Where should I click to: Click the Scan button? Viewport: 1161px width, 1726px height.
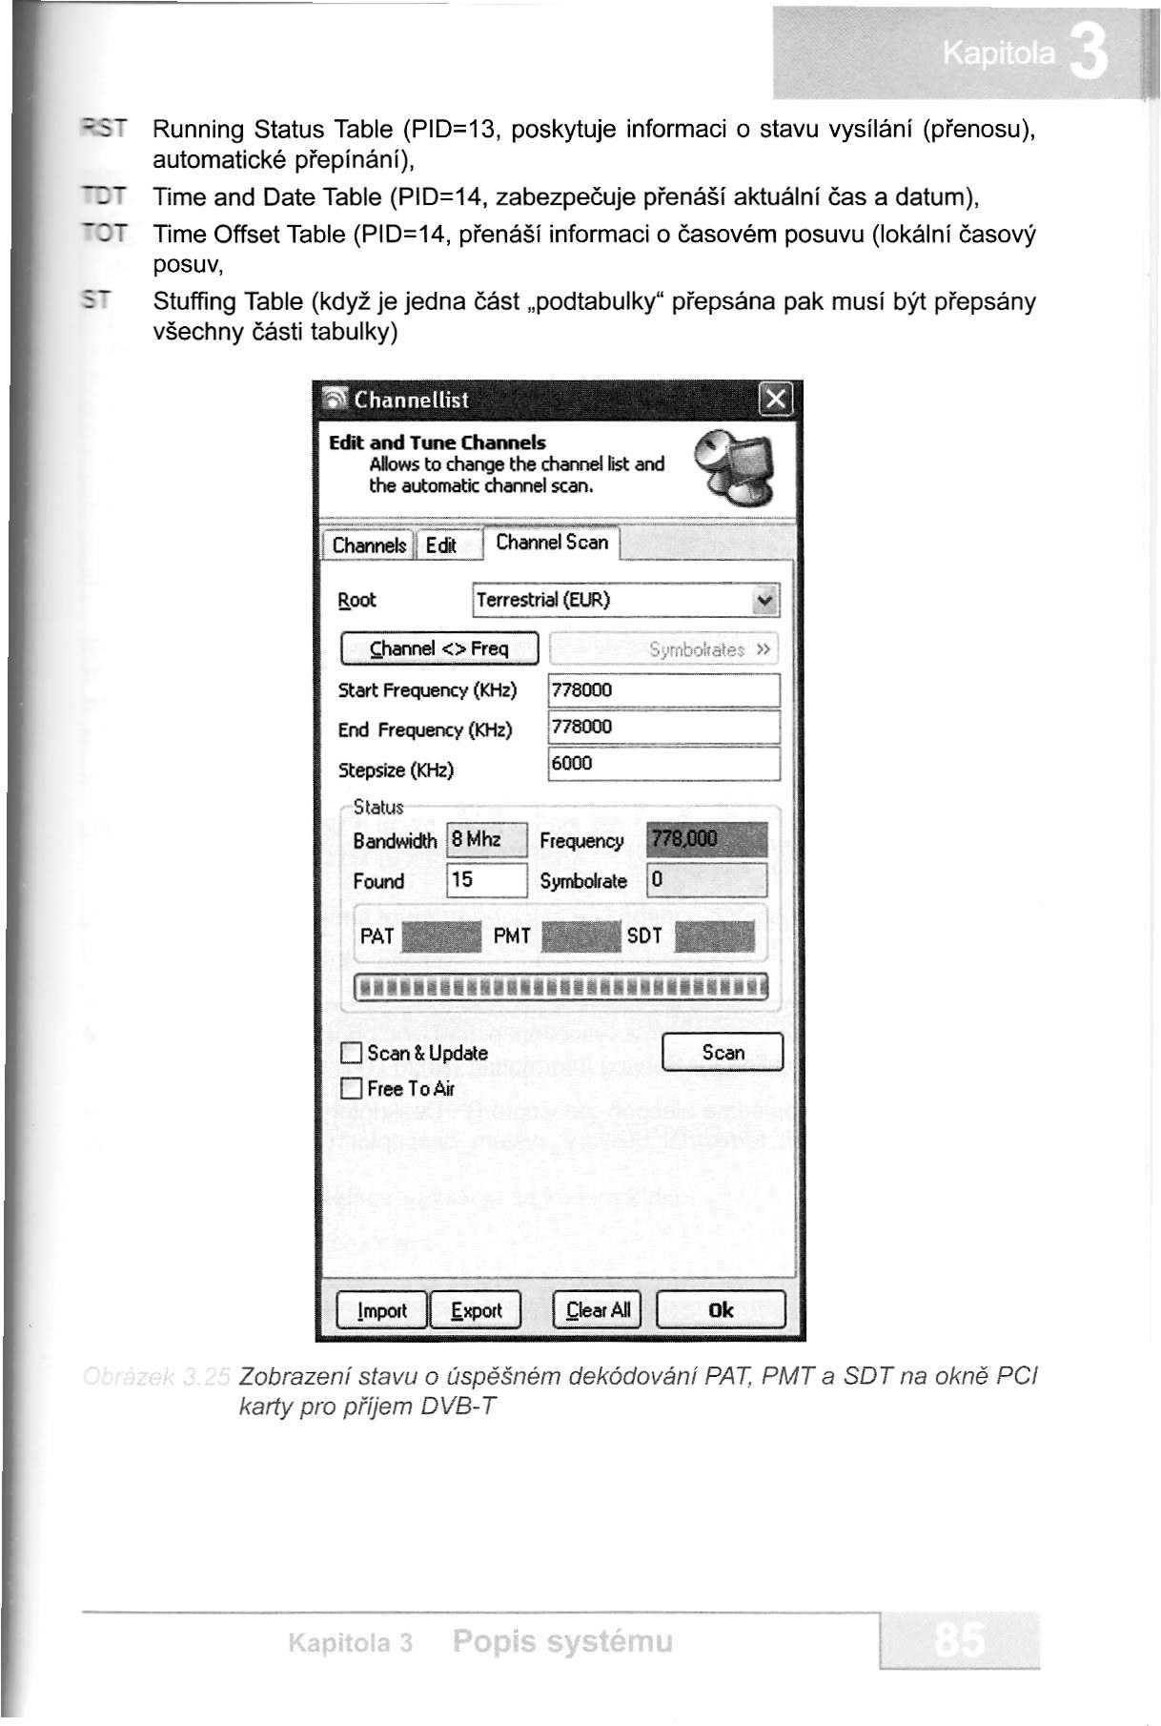pos(722,1053)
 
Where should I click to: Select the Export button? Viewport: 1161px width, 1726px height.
pos(476,1310)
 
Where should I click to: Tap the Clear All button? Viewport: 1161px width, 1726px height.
pos(598,1310)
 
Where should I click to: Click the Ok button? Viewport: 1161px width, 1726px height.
pos(721,1310)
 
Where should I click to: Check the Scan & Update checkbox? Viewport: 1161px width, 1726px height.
pos(352,1054)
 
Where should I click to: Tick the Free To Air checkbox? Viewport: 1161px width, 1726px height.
pos(352,1089)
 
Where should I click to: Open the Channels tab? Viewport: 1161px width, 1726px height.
pos(368,545)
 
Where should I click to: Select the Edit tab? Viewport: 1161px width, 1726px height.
pos(440,545)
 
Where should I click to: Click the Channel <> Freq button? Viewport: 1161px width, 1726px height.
pos(439,649)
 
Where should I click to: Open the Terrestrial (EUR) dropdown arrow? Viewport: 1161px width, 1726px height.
pos(764,601)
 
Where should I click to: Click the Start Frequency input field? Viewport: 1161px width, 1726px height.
pos(663,690)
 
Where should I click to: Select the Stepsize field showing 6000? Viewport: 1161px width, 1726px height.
pos(663,764)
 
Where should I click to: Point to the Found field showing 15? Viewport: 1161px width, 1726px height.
pos(486,880)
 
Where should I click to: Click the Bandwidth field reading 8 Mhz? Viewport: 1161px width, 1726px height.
pos(486,840)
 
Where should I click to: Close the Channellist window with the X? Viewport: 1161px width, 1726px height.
pos(777,399)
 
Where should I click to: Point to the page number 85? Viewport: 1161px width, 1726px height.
pos(959,1641)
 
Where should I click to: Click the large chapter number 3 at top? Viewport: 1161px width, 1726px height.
pos(1088,53)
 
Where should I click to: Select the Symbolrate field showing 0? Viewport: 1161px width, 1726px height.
pos(706,880)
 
